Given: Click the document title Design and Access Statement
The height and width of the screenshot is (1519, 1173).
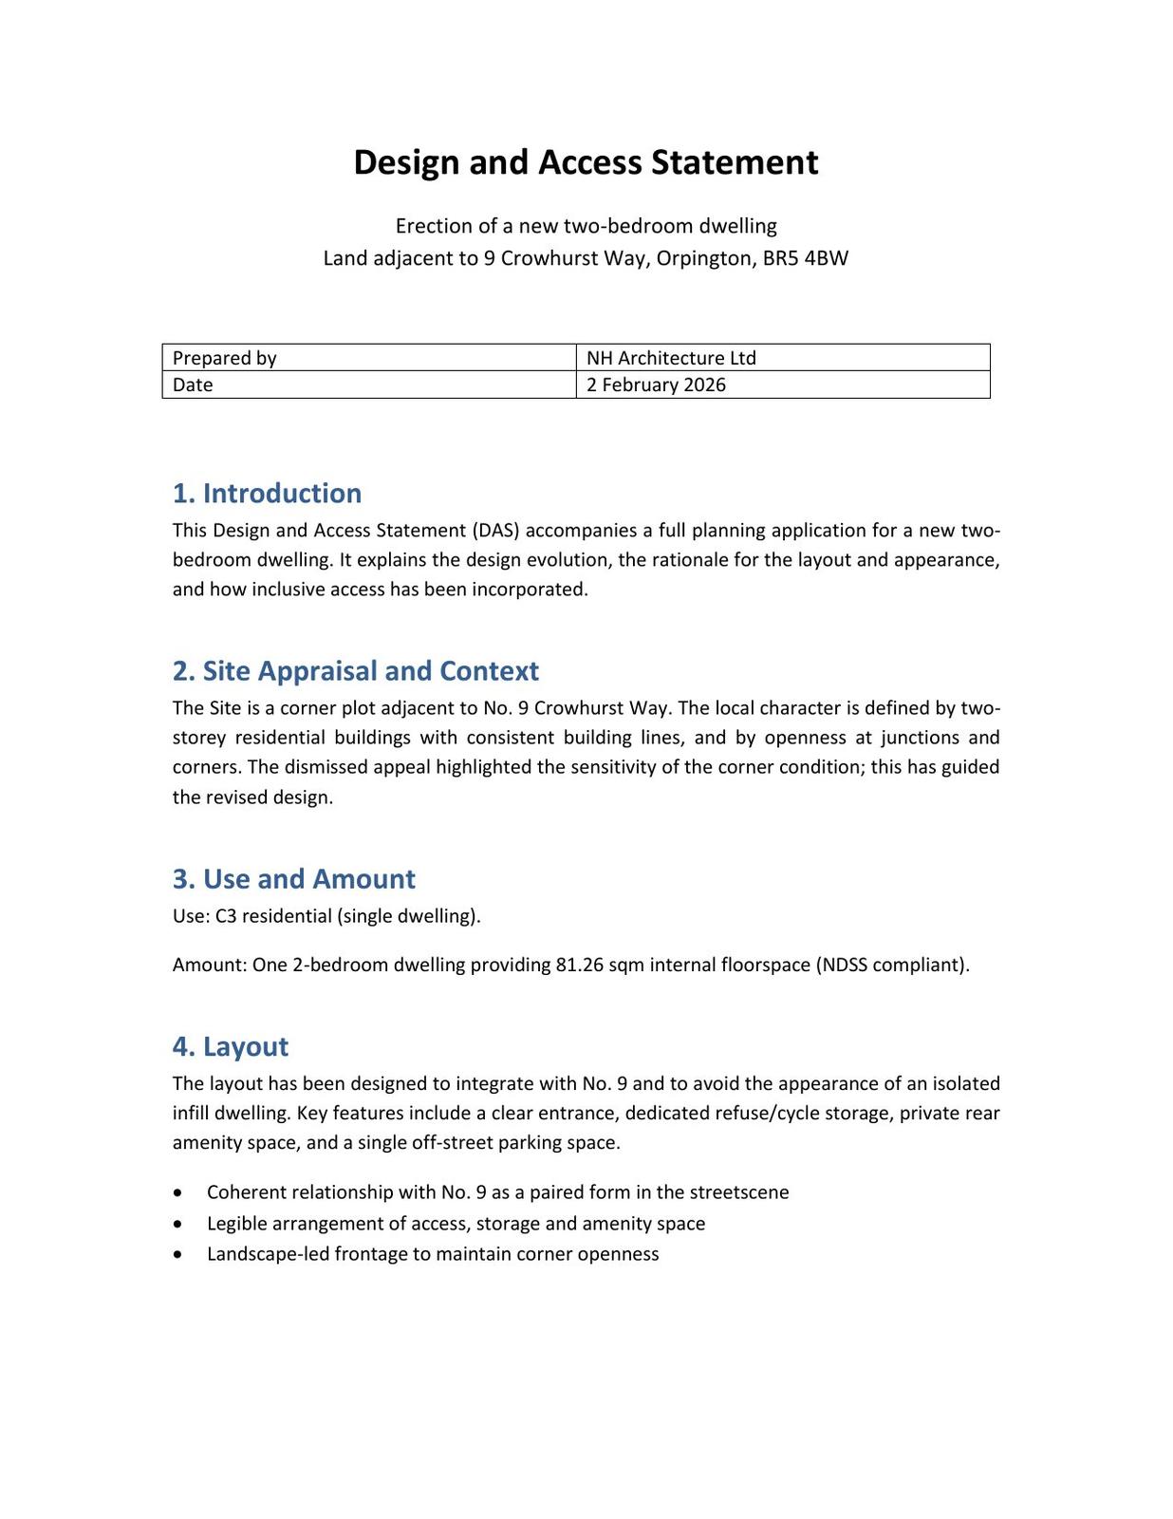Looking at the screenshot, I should pos(586,162).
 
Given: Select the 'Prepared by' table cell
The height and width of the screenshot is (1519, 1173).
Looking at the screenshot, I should pos(368,358).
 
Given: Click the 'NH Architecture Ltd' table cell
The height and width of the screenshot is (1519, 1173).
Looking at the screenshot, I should pos(782,358).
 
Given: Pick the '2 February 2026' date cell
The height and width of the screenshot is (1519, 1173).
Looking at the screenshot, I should pos(782,384).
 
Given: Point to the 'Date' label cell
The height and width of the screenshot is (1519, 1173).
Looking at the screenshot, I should pos(368,384).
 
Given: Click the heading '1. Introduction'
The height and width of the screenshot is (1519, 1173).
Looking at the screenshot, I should pos(267,494).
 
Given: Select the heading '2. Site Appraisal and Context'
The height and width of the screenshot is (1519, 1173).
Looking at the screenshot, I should pos(355,671).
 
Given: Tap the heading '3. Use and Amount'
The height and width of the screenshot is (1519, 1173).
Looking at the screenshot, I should pos(293,879).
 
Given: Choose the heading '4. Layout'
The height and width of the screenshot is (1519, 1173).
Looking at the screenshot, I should pos(230,1046).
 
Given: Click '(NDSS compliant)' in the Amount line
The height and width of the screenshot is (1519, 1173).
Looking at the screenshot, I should pos(892,966).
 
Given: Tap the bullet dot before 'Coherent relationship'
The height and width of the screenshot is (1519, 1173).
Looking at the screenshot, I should pos(179,1192).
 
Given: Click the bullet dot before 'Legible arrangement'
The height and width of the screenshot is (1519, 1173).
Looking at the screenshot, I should pos(179,1224).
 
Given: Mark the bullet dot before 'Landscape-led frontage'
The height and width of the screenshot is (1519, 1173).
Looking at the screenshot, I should pos(179,1254).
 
